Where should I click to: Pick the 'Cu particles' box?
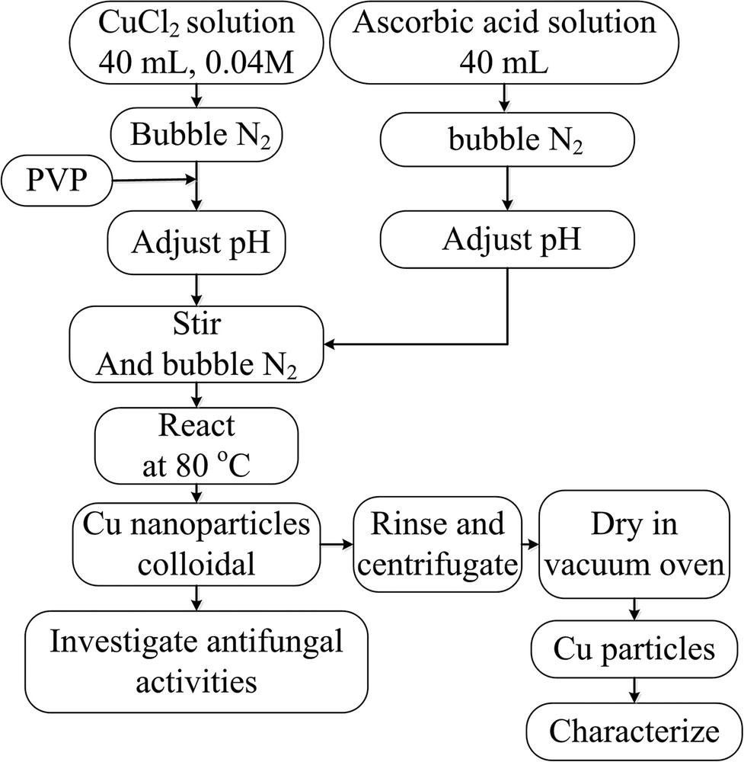[634, 650]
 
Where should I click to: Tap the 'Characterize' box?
[634, 732]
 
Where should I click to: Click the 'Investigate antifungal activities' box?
[196, 659]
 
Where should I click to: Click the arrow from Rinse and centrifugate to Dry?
[525, 546]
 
